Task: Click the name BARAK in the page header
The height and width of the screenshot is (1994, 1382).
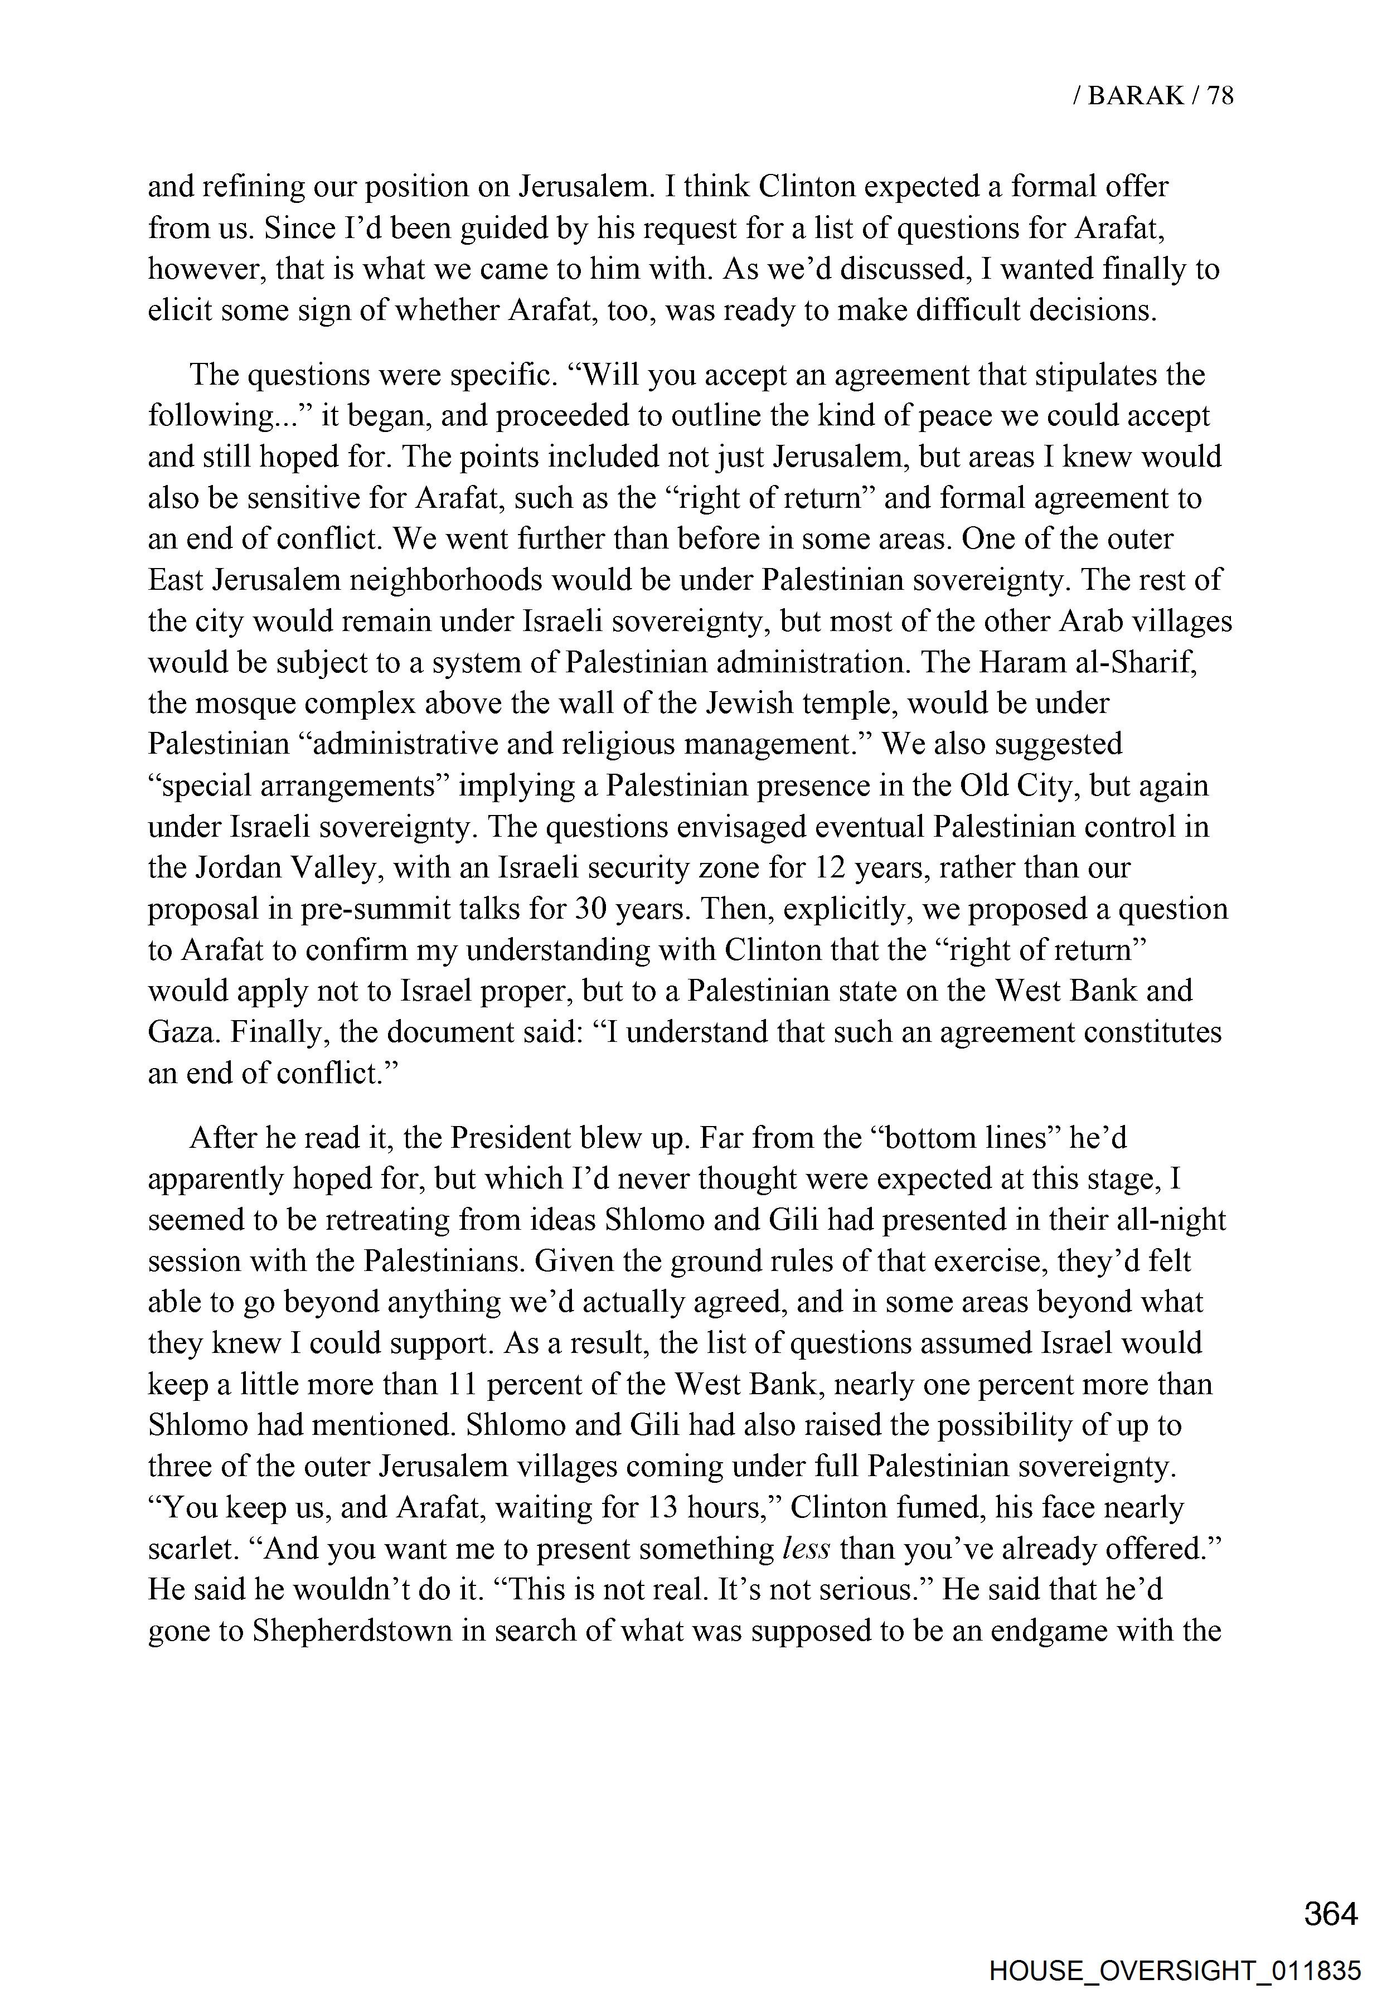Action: [1134, 95]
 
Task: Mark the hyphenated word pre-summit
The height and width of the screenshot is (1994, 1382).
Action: [369, 909]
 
